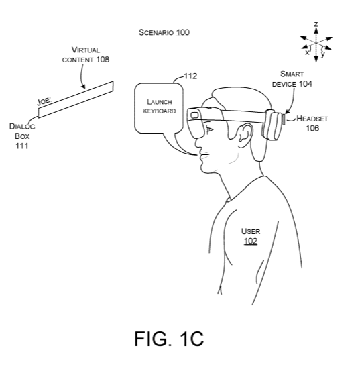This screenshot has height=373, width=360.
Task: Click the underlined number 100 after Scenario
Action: click(x=182, y=32)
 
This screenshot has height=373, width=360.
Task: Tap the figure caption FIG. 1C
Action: click(x=169, y=339)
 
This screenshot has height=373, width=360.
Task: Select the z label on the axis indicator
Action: click(x=316, y=24)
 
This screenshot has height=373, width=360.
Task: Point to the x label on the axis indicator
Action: click(x=307, y=52)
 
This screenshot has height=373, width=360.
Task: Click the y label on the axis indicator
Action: click(x=322, y=54)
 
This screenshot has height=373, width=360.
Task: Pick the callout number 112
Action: click(x=190, y=76)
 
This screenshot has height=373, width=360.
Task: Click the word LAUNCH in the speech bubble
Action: click(x=160, y=102)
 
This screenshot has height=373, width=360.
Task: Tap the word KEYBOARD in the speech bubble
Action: click(x=160, y=111)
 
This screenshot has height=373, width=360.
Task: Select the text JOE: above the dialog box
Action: click(x=44, y=101)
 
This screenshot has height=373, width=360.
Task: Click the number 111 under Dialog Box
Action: click(x=22, y=146)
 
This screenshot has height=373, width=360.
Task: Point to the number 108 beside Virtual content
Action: click(x=103, y=60)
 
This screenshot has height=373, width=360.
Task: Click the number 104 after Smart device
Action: click(x=305, y=84)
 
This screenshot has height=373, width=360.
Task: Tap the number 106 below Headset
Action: click(x=312, y=128)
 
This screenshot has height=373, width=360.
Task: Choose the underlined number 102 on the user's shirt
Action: click(x=251, y=242)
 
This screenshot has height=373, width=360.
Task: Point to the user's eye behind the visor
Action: click(x=209, y=129)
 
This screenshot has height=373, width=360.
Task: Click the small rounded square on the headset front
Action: click(x=194, y=115)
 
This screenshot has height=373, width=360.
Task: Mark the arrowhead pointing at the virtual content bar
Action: click(x=82, y=86)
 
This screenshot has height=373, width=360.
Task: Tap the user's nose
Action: click(x=198, y=143)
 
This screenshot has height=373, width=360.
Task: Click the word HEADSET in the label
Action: click(x=312, y=119)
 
